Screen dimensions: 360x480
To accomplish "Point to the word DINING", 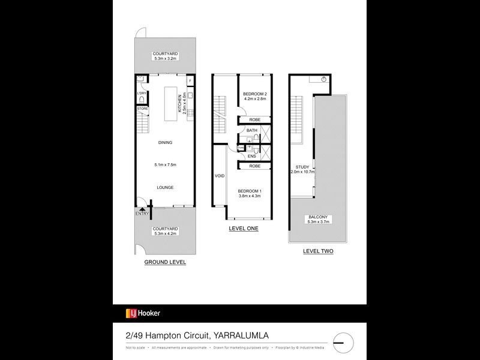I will (x=165, y=143).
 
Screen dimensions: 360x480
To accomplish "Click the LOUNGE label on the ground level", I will (x=165, y=187).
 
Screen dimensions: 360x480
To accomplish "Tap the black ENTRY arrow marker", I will (x=142, y=209).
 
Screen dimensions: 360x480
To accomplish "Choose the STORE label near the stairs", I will (x=142, y=109).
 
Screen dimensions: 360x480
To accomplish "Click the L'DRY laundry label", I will (x=142, y=94).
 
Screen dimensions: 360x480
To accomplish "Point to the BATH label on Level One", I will (x=251, y=130).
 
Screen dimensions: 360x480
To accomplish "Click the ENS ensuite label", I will (x=251, y=156).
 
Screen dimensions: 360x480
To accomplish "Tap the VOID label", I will (x=219, y=176).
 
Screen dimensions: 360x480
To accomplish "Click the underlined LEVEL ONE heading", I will (x=244, y=229).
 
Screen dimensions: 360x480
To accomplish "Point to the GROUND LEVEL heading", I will (x=165, y=262).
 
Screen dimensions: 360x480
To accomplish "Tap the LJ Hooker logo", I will (x=143, y=313).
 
